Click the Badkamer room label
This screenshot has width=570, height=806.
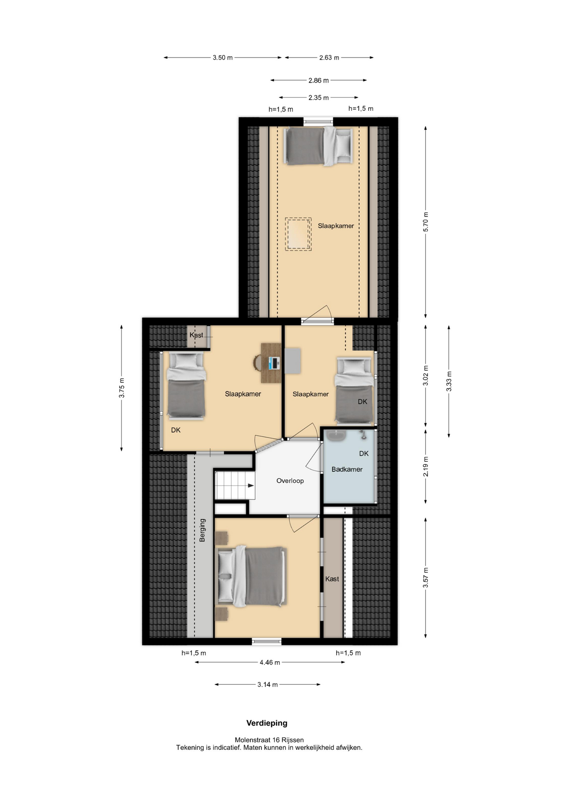tap(347, 469)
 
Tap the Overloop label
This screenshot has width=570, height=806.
tap(290, 481)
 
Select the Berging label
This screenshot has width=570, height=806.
tap(202, 530)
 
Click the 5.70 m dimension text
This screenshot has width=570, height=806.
tap(426, 222)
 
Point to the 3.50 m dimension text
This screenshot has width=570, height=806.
tap(222, 58)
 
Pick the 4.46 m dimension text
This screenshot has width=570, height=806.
tap(269, 662)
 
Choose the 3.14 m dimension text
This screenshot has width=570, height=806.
tap(267, 685)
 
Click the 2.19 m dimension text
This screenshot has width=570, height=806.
tap(426, 467)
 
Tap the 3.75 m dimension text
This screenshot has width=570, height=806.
tap(121, 388)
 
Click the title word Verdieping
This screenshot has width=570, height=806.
tap(267, 723)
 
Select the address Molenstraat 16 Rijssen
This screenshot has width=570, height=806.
tap(269, 740)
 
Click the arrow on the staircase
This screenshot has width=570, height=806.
tap(251, 486)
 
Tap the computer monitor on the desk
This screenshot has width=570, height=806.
tap(274, 363)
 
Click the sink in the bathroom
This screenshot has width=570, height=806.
tap(336, 436)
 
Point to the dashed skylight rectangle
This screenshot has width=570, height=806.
tap(298, 234)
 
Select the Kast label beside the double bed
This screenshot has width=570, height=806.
tap(332, 579)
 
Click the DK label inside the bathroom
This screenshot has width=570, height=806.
tap(364, 453)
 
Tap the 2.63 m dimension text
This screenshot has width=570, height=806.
tap(329, 58)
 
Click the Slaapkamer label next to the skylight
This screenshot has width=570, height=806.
tap(336, 226)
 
